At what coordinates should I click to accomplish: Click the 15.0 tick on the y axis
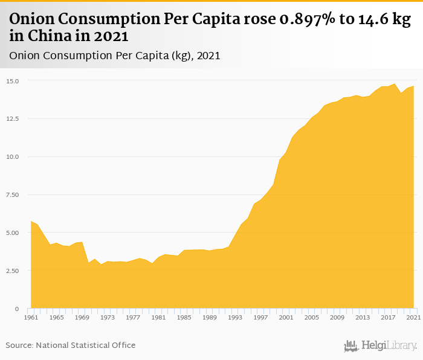[x=13, y=81]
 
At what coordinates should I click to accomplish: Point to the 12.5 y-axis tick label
[x=13, y=119]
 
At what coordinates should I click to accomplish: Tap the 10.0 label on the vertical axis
[x=13, y=157]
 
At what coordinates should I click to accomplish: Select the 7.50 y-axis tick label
[x=13, y=195]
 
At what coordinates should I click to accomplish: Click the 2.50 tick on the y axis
[x=13, y=271]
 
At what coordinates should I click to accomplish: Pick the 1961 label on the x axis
[x=31, y=317]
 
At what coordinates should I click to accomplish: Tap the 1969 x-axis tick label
[x=82, y=317]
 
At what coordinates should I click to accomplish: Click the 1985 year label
[x=184, y=317]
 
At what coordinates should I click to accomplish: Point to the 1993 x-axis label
[x=235, y=317]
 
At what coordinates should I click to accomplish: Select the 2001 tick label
[x=286, y=317]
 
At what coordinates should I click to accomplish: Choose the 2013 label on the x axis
[x=363, y=317]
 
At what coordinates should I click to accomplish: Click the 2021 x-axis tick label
[x=413, y=317]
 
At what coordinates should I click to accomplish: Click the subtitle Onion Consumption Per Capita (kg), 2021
[x=114, y=56]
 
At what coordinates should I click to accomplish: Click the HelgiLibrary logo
[x=380, y=346]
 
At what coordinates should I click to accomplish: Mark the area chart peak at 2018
[x=394, y=84]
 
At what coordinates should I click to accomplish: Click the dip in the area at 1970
[x=88, y=263]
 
